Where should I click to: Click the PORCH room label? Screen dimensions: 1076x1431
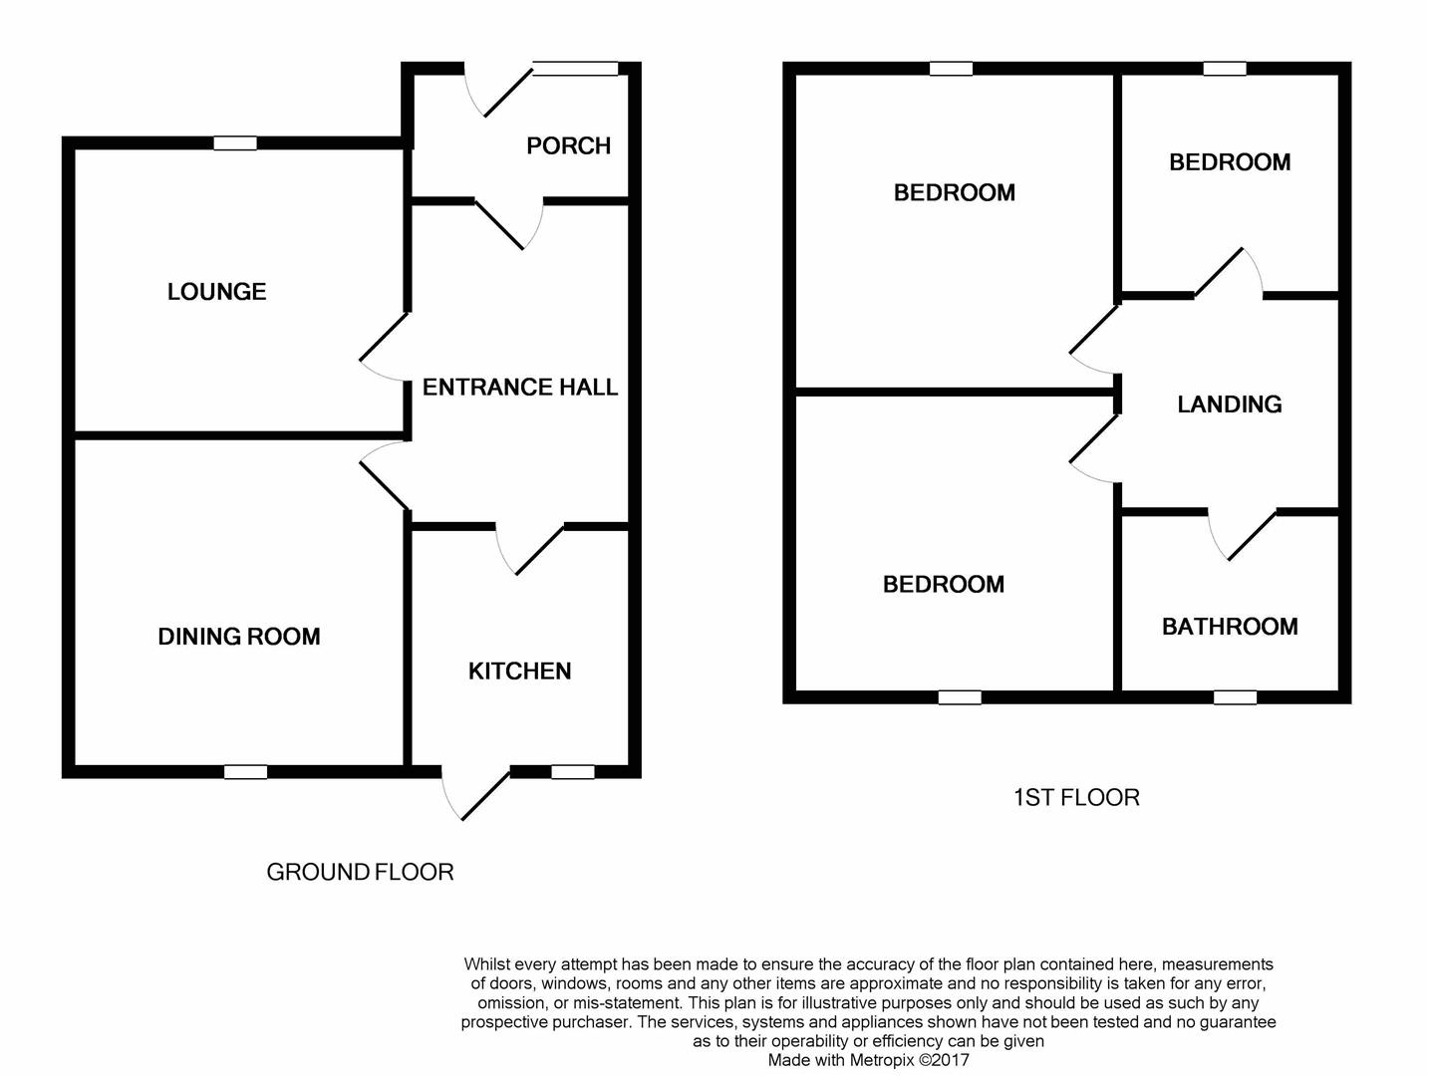(568, 145)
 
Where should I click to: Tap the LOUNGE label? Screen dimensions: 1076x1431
(216, 292)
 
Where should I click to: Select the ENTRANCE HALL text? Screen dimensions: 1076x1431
(519, 387)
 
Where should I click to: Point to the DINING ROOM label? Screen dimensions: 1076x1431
(239, 637)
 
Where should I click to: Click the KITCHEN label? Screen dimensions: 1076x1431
(519, 671)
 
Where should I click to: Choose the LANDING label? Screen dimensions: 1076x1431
(1229, 403)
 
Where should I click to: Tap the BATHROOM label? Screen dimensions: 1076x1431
(1230, 627)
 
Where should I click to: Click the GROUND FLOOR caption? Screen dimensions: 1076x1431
(360, 872)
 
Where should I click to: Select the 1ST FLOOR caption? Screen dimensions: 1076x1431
(1076, 797)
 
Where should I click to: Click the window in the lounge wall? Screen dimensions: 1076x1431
(235, 143)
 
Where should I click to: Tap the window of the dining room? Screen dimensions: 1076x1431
(245, 771)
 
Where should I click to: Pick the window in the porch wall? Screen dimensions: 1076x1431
(575, 69)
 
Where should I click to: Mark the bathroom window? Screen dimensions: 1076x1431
(1235, 697)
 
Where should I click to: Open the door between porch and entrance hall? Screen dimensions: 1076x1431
(508, 223)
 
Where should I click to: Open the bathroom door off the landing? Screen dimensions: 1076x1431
(1242, 534)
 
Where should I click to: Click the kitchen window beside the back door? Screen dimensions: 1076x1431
(572, 771)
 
